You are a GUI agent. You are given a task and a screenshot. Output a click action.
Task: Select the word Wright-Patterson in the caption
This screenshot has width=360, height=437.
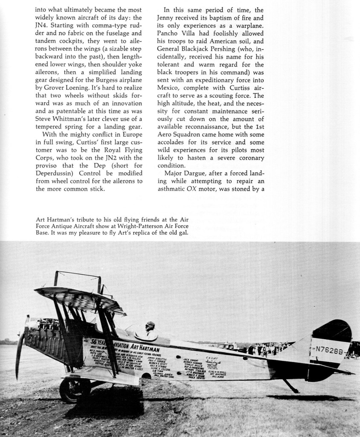coord(133,227)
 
